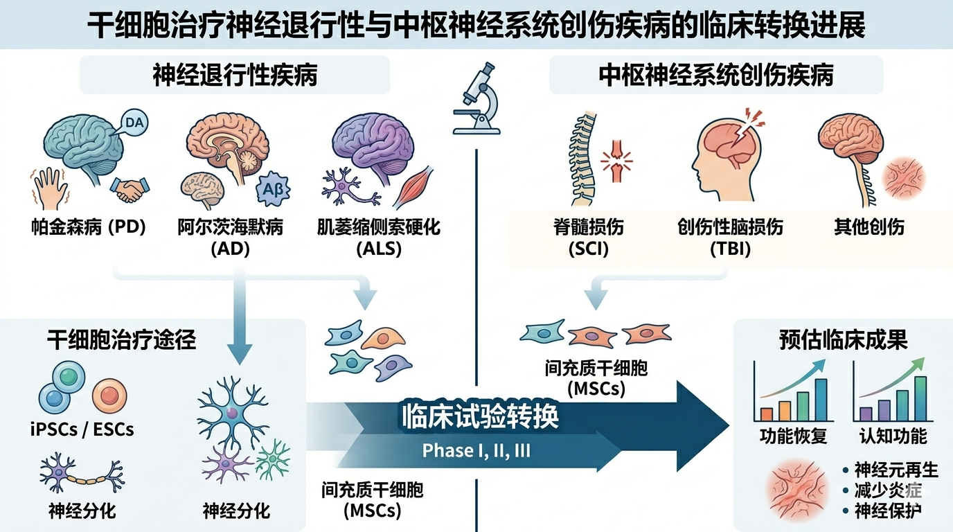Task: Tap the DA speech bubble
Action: point(134,123)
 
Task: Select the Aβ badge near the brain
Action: point(273,189)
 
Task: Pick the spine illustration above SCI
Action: point(582,159)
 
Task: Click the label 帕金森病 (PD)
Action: point(89,227)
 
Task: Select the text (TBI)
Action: point(730,249)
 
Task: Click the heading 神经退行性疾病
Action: point(235,75)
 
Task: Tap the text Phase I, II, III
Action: point(476,451)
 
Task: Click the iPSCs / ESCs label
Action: point(82,429)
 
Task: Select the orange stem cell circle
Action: point(109,396)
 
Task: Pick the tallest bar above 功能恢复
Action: point(821,400)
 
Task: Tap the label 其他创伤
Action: point(869,227)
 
